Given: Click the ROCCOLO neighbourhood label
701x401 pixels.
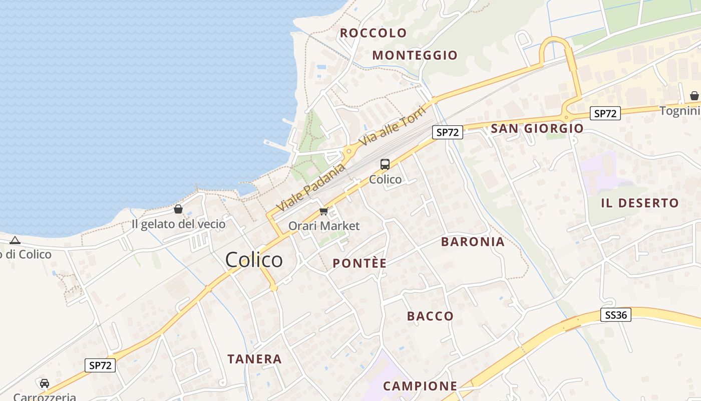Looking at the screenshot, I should click(374, 33).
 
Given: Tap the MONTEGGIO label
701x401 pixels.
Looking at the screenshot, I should click(415, 55).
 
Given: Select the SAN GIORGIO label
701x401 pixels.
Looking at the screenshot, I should click(537, 128).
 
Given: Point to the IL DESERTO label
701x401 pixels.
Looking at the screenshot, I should click(640, 203).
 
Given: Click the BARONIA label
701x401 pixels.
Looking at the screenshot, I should click(473, 242).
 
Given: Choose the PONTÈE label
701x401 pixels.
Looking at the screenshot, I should click(360, 263).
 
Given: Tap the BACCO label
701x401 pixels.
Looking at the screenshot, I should click(430, 316).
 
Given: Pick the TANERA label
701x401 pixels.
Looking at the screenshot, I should click(254, 359).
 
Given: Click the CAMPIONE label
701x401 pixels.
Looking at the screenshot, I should click(420, 386).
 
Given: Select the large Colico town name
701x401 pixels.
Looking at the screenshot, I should click(254, 260).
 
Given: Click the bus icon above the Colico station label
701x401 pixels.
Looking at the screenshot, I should click(385, 164).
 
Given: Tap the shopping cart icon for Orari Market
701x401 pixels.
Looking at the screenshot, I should click(324, 212).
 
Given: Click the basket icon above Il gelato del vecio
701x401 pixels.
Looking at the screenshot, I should click(178, 209).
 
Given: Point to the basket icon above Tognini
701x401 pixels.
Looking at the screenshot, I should click(694, 95).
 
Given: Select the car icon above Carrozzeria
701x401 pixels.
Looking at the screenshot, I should click(45, 383).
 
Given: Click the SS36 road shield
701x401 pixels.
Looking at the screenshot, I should click(615, 315).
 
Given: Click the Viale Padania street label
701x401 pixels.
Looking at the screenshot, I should click(311, 187).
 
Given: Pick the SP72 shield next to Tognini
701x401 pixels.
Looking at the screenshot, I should click(605, 114).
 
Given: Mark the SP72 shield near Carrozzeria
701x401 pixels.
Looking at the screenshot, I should click(100, 365).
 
